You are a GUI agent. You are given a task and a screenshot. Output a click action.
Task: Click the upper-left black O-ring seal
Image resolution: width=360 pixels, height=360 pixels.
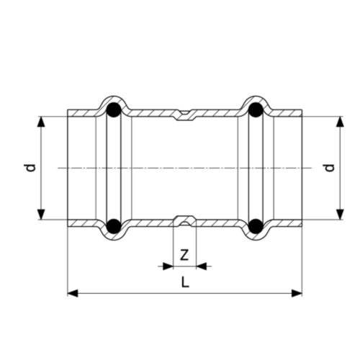click(x=114, y=110)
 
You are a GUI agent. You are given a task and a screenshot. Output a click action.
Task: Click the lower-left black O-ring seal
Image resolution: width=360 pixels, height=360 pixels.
click(x=114, y=226)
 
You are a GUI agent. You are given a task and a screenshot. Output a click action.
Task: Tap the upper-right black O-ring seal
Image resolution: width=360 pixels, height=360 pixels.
click(x=256, y=110)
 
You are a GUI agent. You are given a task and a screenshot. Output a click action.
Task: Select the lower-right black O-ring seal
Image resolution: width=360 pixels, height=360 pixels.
click(x=256, y=226)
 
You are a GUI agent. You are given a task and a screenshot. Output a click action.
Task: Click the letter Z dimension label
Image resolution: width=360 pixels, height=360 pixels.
click(x=184, y=255)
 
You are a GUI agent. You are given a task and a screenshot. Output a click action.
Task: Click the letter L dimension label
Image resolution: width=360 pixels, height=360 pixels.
click(x=185, y=282)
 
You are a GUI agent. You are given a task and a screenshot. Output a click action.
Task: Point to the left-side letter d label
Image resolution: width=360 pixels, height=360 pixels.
click(x=31, y=168)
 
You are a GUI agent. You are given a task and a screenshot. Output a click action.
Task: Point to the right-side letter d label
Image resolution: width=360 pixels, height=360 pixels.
click(x=330, y=168)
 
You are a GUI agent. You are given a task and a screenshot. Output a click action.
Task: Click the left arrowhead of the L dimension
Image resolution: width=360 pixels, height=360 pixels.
click(x=73, y=293)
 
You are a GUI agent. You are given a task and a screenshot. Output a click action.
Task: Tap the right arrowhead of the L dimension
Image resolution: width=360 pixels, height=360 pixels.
click(x=297, y=293)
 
